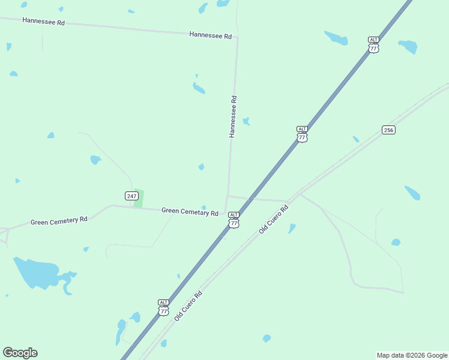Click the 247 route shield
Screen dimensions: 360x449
132,196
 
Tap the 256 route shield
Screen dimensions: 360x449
388,130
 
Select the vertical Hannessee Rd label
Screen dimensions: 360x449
233,116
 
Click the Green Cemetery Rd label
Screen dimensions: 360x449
59,221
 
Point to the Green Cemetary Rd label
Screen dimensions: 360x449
190,212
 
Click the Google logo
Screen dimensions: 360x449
20,353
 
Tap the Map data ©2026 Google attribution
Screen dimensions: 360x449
412,355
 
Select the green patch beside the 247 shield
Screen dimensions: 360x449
139,198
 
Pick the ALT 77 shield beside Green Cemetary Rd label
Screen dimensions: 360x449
234,220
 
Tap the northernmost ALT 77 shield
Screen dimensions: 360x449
373,45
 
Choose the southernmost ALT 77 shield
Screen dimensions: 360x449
164,307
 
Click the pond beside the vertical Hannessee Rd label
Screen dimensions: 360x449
246,121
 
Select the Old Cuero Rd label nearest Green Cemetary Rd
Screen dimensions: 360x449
274,219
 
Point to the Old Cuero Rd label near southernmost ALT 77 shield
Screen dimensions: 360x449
188,306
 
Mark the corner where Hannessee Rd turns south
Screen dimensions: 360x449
237,37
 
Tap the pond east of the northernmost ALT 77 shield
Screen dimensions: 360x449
408,46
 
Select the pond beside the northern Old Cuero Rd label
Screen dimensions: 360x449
292,229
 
